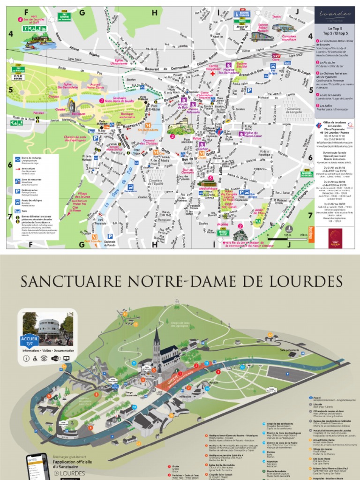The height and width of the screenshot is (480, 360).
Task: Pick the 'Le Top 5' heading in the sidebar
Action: pyautogui.click(x=333, y=29)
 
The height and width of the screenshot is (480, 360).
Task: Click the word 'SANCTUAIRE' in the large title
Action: pyautogui.click(x=70, y=282)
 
